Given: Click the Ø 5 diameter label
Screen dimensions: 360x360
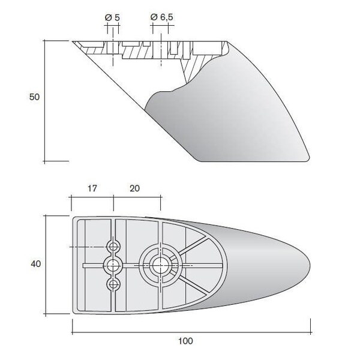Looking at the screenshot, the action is [x=112, y=17].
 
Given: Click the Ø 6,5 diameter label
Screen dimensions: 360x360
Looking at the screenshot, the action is [x=161, y=17].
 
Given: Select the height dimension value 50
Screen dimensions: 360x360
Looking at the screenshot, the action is [x=34, y=97].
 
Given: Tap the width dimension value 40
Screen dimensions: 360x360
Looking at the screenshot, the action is [x=35, y=264].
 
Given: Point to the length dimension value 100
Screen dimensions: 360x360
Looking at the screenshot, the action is [x=185, y=341].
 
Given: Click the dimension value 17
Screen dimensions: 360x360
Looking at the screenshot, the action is [x=92, y=188].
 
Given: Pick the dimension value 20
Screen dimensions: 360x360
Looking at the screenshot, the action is [x=134, y=188].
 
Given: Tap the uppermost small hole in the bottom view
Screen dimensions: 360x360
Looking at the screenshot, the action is [x=113, y=247].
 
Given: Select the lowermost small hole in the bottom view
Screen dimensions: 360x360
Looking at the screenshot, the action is [x=113, y=284].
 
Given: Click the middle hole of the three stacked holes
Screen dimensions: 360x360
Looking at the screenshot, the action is [x=113, y=266].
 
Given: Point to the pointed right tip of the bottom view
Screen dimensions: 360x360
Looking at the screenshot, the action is [x=310, y=266].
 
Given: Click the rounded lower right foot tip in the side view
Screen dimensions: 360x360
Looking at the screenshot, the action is [x=308, y=158].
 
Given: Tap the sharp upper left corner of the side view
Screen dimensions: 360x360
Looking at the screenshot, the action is [x=73, y=41].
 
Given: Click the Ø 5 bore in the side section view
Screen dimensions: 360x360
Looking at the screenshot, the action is [x=113, y=48].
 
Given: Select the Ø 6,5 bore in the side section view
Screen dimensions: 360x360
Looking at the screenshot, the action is [x=160, y=49].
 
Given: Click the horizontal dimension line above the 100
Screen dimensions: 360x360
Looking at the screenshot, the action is [x=191, y=332].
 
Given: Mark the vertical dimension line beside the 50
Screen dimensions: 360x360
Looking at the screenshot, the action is [x=44, y=101].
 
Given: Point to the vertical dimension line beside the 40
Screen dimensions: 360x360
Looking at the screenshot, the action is [x=46, y=265].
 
